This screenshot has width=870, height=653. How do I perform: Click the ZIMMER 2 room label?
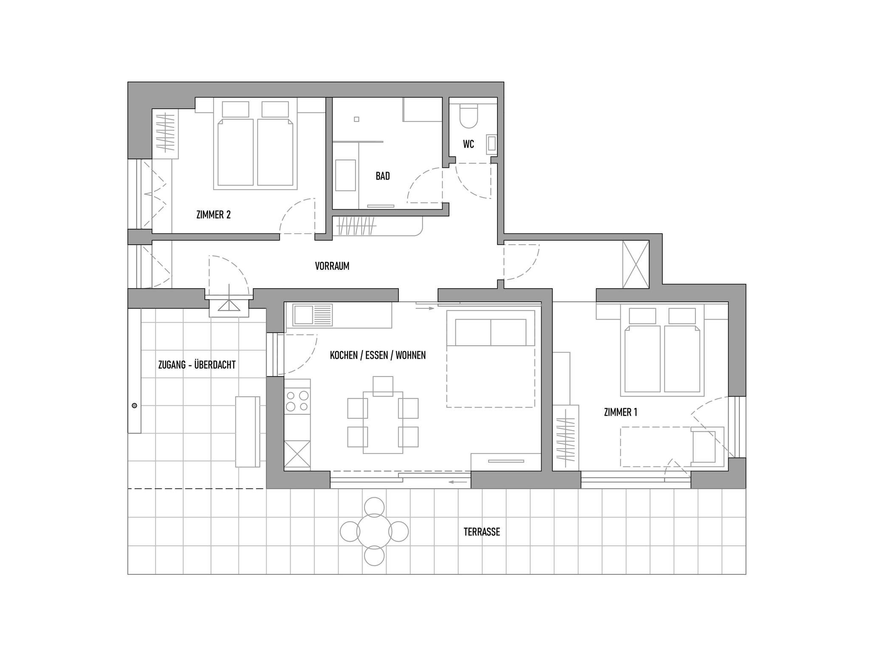(x=213, y=215)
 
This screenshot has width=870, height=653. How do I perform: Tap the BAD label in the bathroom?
(x=383, y=176)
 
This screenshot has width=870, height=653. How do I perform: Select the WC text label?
(x=469, y=144)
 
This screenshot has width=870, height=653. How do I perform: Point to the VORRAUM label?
(x=332, y=266)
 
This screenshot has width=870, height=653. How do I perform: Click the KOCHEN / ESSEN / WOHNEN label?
(x=378, y=355)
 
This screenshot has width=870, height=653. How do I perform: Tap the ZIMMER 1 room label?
(x=621, y=412)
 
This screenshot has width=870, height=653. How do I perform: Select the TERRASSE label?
(x=482, y=532)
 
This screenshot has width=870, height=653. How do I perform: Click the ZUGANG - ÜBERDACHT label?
(x=197, y=365)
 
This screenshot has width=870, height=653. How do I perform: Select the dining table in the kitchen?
(x=383, y=422)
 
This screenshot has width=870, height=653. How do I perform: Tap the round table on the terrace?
(x=374, y=532)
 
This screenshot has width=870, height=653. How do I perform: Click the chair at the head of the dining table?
(x=383, y=386)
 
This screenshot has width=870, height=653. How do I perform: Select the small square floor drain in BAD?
(x=356, y=119)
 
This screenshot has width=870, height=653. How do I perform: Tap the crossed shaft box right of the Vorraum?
(x=636, y=264)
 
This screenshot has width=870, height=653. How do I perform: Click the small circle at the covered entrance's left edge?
(x=135, y=406)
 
